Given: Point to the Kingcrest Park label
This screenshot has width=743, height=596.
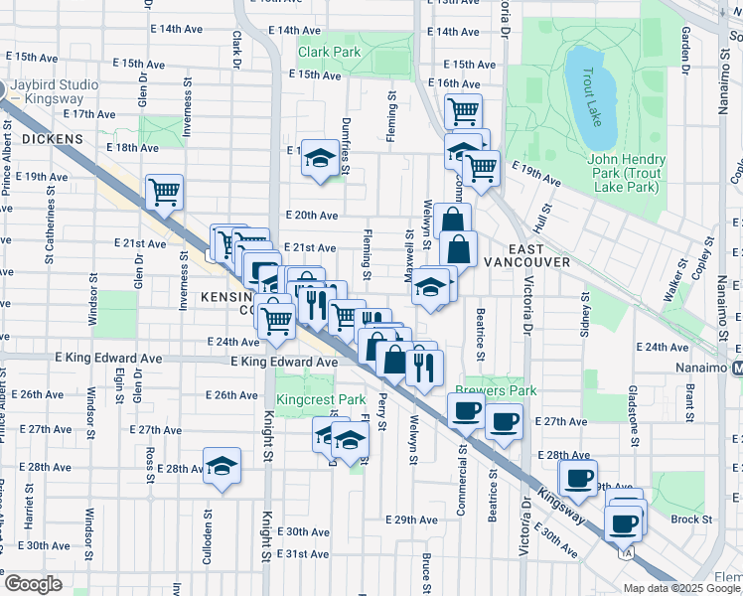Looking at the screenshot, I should (x=322, y=399).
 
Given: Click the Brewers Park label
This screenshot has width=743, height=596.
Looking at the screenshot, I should (x=488, y=390).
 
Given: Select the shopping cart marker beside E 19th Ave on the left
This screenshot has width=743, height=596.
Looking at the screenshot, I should (x=164, y=192).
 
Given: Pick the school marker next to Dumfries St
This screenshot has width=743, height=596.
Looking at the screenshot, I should (x=319, y=157).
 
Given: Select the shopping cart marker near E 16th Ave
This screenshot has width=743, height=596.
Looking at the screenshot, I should (x=463, y=110).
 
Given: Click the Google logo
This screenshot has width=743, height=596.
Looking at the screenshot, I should (x=34, y=584).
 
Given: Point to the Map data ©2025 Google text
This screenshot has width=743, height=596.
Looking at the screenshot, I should (x=681, y=588).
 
